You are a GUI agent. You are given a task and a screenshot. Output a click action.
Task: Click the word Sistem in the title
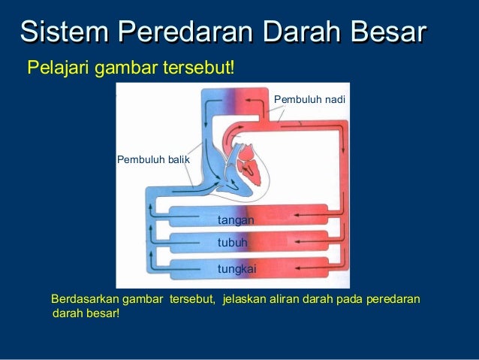[64, 31]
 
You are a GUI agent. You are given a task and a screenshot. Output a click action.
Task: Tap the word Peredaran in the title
[185, 31]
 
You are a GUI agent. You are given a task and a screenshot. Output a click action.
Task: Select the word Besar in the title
[389, 31]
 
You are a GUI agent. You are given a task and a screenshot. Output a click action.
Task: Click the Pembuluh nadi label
[309, 99]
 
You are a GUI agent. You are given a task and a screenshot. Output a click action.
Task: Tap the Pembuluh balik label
[153, 159]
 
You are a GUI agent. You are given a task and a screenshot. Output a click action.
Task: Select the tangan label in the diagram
[236, 220]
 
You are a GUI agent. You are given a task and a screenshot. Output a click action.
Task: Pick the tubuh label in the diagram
[232, 243]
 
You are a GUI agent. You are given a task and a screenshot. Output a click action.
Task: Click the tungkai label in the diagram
[236, 270]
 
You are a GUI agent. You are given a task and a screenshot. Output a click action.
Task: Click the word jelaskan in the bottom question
[244, 299]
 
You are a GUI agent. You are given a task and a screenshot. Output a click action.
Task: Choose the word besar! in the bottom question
[103, 313]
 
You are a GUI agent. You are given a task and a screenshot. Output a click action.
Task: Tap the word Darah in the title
[302, 31]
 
